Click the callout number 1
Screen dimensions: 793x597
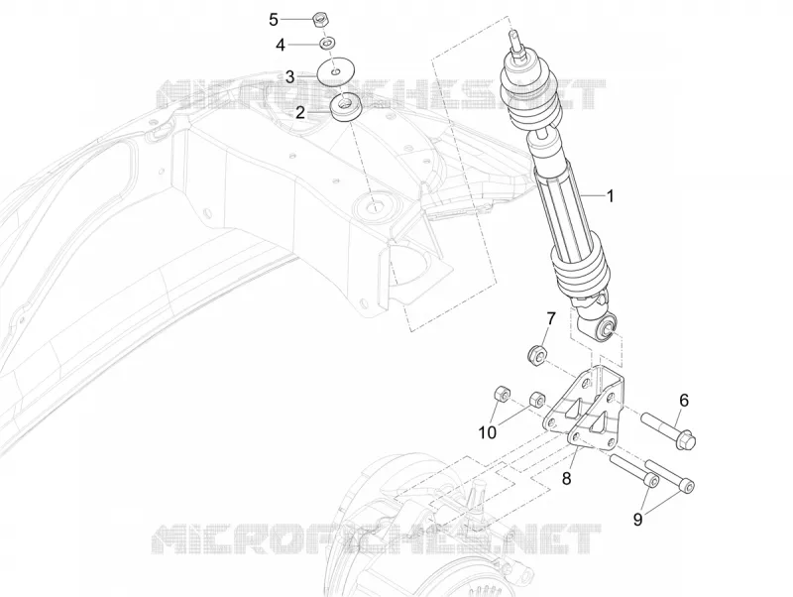[x=610, y=195]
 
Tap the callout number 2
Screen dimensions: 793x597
[x=300, y=112]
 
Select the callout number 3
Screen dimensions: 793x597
[x=289, y=77]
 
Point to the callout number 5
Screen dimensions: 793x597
[x=274, y=20]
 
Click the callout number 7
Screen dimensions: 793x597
[x=551, y=318]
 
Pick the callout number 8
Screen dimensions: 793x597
[x=566, y=478]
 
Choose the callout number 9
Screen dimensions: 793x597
[x=637, y=519]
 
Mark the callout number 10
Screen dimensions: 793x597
[x=488, y=432]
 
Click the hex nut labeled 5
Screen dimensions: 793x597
[x=318, y=20]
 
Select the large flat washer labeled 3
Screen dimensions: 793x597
[x=336, y=71]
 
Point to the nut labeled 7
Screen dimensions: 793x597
[x=536, y=355]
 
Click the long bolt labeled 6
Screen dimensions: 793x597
[x=668, y=431]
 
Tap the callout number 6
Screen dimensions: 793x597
[x=684, y=401]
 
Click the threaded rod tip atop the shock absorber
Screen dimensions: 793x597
[x=514, y=41]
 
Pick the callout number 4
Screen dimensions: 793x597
[x=281, y=46]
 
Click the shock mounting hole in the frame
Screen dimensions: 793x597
[x=377, y=207]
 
